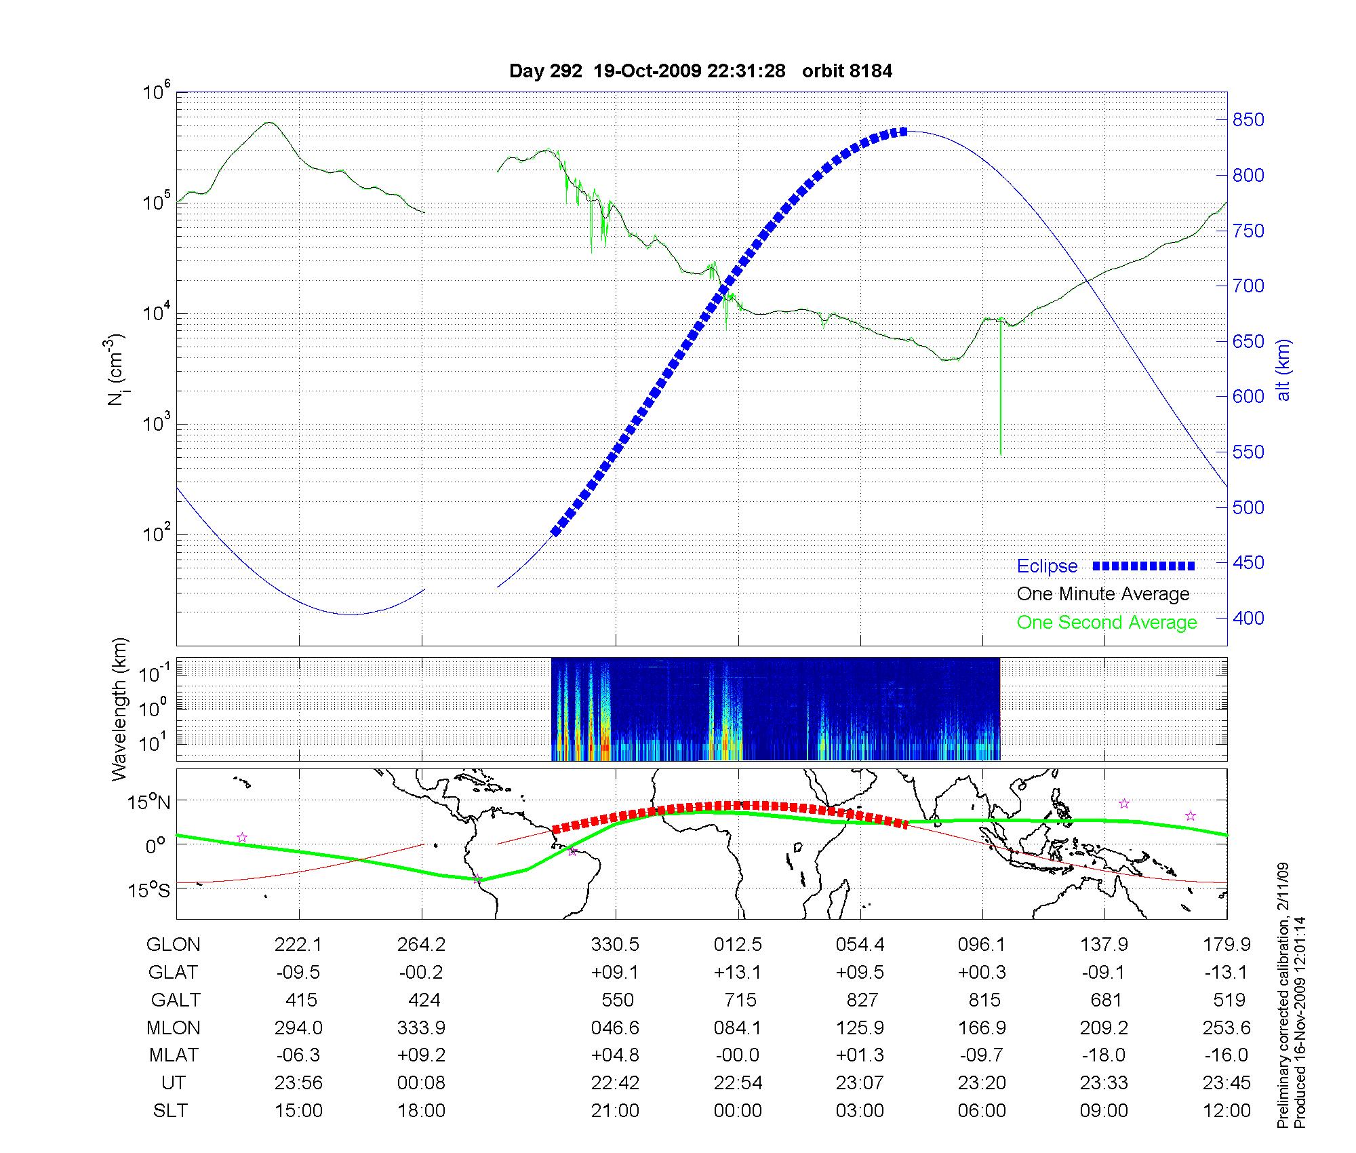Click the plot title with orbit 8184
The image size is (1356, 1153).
point(700,71)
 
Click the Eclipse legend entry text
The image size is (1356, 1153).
point(1047,566)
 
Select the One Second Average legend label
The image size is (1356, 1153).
point(1106,623)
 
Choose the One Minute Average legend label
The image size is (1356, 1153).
point(1103,594)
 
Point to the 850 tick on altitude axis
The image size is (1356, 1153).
point(1248,120)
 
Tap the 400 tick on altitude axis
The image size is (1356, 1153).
point(1248,619)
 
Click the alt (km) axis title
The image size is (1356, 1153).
point(1283,370)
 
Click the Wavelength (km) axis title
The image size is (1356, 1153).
point(119,709)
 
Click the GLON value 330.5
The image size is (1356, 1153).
point(615,945)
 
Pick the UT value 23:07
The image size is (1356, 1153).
point(860,1083)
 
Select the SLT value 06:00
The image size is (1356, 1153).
point(982,1111)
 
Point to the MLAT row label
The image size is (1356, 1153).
point(174,1055)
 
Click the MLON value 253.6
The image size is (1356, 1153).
point(1227,1028)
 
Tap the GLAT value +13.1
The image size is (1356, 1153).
point(738,973)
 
